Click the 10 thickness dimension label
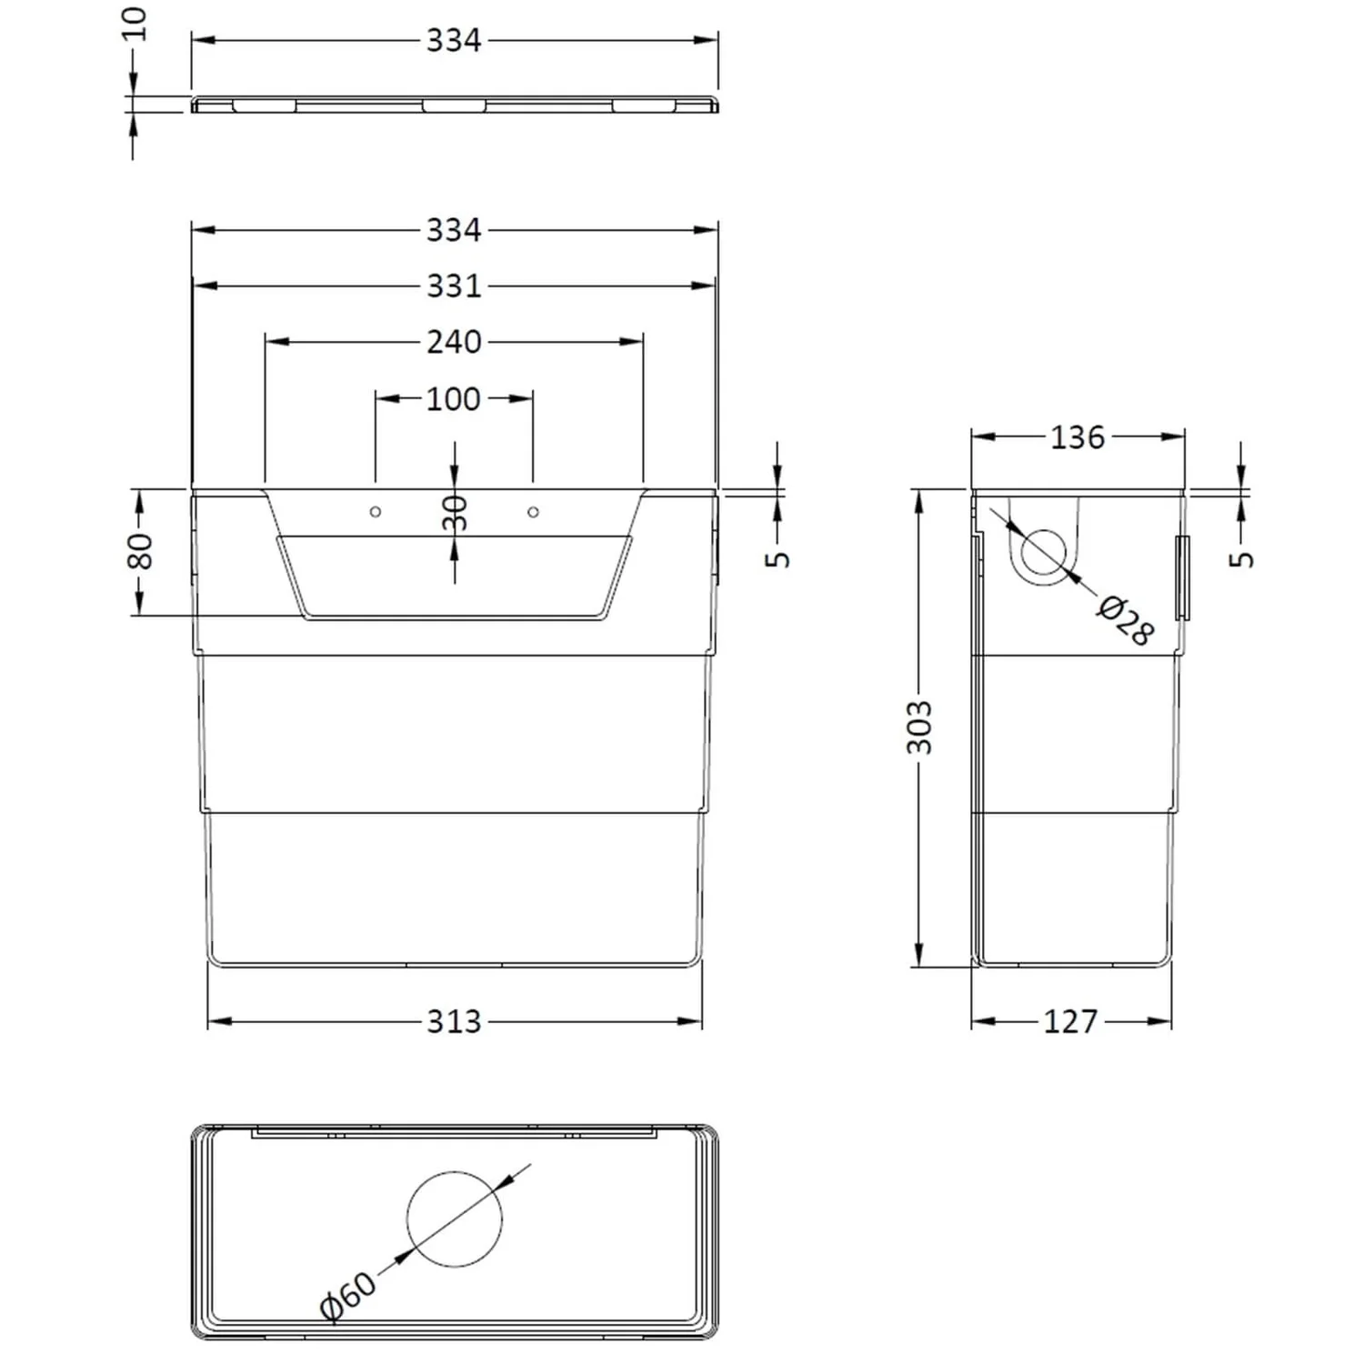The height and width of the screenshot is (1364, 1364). click(135, 23)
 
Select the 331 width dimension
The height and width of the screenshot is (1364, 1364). click(454, 286)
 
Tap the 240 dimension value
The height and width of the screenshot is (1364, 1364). click(454, 342)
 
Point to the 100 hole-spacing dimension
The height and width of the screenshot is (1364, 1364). click(454, 398)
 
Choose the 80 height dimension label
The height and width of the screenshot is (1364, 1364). click(140, 551)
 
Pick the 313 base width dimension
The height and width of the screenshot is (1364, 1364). click(454, 1022)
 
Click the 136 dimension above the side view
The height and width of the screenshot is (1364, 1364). click(1078, 437)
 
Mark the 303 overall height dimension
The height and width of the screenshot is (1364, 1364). click(920, 727)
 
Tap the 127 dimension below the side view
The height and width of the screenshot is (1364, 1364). click(1070, 1022)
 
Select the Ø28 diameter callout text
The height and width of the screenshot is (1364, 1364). click(1126, 621)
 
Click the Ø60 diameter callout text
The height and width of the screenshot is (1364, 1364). click(347, 1295)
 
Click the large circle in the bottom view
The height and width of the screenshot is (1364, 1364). click(455, 1219)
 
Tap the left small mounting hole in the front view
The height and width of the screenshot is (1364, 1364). click(376, 512)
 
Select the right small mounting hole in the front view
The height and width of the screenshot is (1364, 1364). click(533, 512)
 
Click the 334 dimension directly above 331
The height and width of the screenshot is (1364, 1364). click(454, 230)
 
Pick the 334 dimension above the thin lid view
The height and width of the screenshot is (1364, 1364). click(454, 41)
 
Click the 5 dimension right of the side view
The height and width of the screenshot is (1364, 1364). click(1242, 557)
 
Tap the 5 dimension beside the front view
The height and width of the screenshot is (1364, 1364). click(778, 557)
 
